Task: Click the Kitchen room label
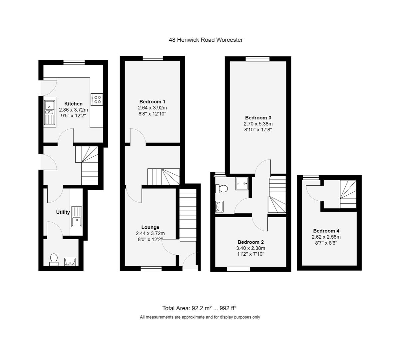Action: click(73, 104)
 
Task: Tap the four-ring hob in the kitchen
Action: click(97, 99)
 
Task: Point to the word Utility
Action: click(63, 212)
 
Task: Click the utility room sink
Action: click(77, 217)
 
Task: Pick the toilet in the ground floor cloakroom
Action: click(54, 260)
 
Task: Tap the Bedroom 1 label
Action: click(152, 102)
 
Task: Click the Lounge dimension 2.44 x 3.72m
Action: click(150, 233)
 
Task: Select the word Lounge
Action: click(150, 227)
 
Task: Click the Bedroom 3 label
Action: click(258, 118)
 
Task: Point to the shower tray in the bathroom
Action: click(242, 183)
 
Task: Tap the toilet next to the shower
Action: click(221, 188)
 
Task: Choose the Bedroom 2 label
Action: click(251, 242)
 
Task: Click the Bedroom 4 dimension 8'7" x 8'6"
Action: click(326, 243)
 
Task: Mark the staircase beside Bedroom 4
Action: click(348, 194)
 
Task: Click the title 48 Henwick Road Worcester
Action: click(206, 40)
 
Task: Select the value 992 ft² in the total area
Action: click(228, 308)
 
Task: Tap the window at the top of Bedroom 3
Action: click(258, 59)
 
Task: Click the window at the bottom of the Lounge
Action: click(151, 269)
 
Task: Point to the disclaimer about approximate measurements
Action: click(200, 317)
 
